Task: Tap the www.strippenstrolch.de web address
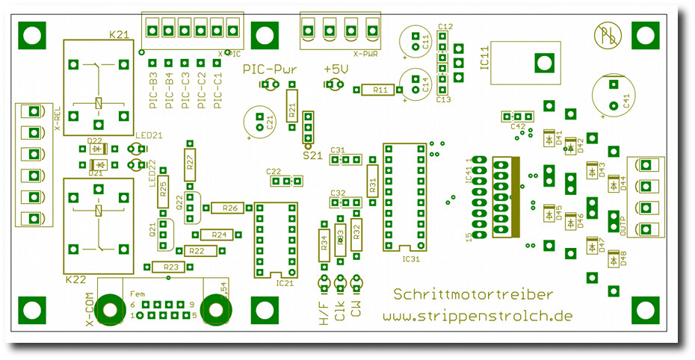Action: coord(478,316)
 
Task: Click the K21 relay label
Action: coord(119,34)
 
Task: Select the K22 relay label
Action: coord(76,279)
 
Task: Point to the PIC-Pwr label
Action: coord(270,69)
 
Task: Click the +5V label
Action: coord(336,69)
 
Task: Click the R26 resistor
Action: coord(229,208)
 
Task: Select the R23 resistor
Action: coord(171,267)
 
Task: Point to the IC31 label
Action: coord(411,259)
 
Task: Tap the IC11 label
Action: coord(483,58)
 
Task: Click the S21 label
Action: coord(312,155)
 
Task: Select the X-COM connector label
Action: coord(91,310)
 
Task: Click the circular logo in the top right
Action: coord(605,34)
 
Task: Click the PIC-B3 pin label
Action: coord(152,90)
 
